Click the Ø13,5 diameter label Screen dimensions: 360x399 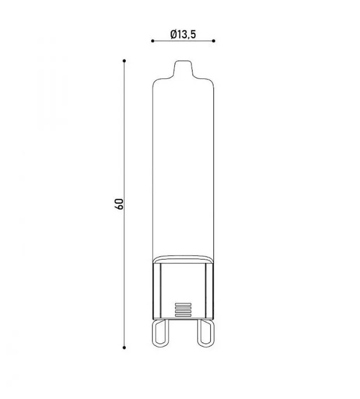183,34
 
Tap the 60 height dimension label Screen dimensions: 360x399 119,204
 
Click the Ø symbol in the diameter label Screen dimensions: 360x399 174,34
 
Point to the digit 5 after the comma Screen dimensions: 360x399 193,34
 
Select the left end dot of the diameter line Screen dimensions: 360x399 153,41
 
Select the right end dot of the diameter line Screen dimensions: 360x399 214,41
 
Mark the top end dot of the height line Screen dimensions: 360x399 124,61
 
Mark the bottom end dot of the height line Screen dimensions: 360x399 124,347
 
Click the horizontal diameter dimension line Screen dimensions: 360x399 183,41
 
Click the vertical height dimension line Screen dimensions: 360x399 124,204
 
